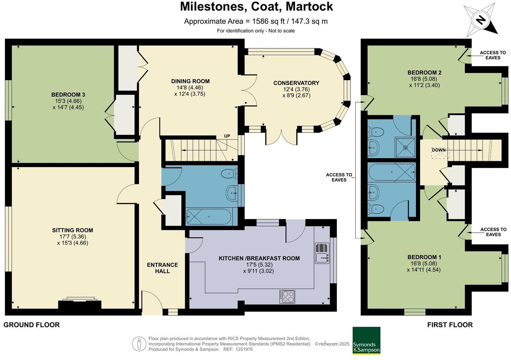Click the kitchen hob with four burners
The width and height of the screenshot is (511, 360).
click(287, 297)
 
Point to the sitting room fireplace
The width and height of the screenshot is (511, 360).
click(80, 304)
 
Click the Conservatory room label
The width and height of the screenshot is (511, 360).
click(296, 83)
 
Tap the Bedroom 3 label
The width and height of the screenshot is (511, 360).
click(68, 95)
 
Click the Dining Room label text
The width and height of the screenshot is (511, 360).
click(190, 81)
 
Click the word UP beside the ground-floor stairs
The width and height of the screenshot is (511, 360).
click(227, 136)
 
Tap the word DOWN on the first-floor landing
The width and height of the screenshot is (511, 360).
click(439, 150)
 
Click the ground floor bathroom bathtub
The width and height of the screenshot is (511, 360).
click(209, 217)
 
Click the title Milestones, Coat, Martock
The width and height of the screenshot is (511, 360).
click(257, 7)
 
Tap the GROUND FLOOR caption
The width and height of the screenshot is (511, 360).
click(32, 325)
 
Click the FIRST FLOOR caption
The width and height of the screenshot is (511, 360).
click(450, 325)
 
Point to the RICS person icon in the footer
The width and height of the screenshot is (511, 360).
click(139, 344)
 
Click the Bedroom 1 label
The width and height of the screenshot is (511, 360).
click(424, 257)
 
